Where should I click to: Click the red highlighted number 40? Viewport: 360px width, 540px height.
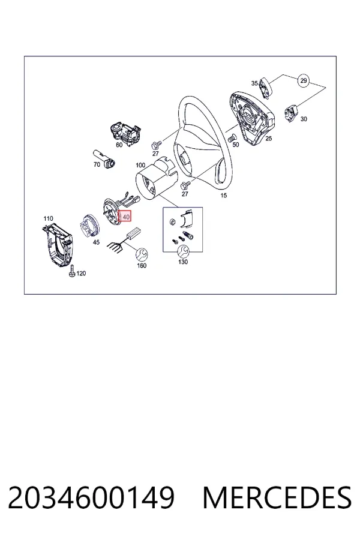click(125, 217)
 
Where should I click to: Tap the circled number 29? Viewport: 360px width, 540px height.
click(303, 80)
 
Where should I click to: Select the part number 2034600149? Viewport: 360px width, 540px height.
click(91, 497)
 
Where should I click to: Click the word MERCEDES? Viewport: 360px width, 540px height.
click(277, 497)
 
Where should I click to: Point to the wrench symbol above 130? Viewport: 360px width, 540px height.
click(182, 251)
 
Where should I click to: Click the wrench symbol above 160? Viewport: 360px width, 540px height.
click(142, 255)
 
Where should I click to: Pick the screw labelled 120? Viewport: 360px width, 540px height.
click(71, 271)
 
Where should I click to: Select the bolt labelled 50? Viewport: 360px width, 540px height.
click(232, 138)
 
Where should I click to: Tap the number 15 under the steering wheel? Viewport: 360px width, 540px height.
click(224, 195)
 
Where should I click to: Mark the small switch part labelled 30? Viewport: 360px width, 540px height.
click(291, 113)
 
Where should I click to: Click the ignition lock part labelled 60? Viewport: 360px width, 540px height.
click(125, 132)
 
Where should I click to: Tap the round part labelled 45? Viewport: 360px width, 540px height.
click(89, 225)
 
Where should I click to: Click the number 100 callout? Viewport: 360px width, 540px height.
click(140, 165)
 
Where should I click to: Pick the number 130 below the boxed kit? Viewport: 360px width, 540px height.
click(183, 262)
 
